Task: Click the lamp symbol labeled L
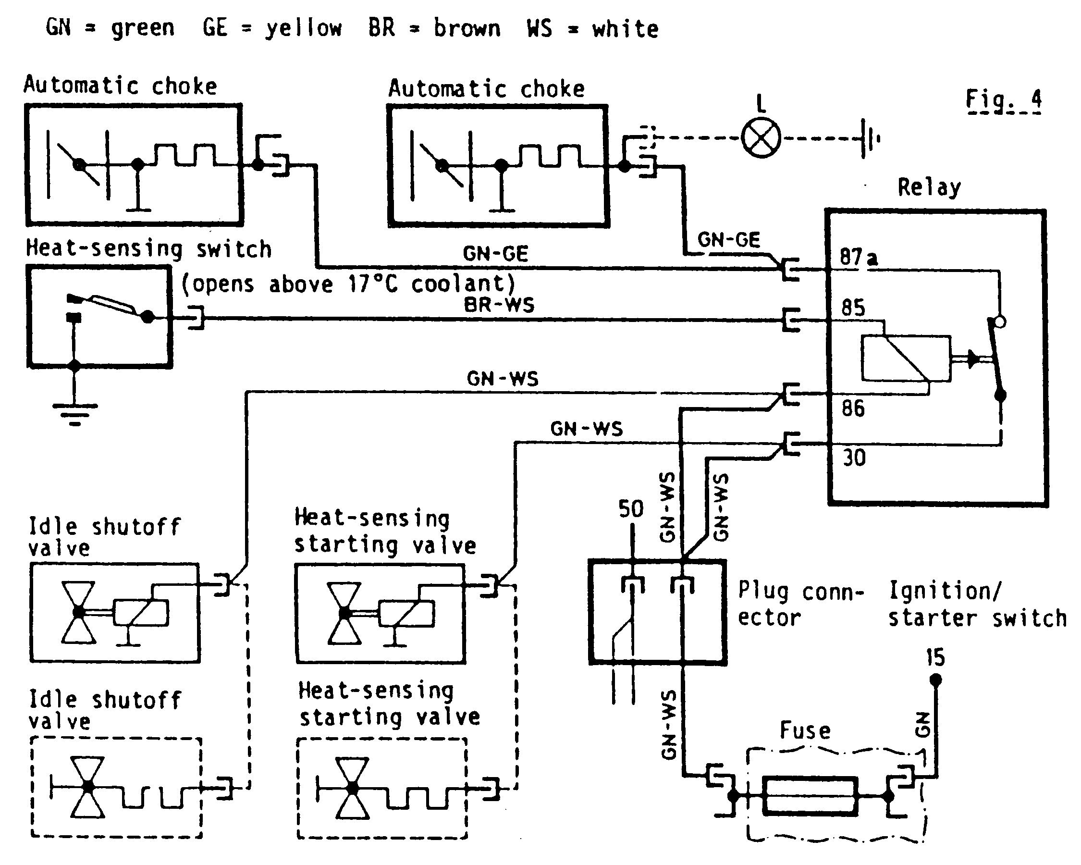761,138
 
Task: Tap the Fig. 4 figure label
1003,100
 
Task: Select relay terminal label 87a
859,257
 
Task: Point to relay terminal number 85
853,308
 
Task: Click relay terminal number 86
853,408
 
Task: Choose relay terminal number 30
854,458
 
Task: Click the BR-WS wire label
499,305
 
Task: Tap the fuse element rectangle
810,796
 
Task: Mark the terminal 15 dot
935,680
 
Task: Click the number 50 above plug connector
631,509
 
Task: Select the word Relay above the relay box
929,187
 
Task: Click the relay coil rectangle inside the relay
906,358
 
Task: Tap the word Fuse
805,730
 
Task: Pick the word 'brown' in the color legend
467,28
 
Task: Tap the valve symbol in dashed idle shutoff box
88,787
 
